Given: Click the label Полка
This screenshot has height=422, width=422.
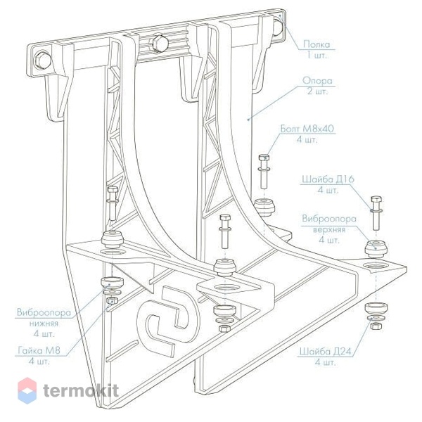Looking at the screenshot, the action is pyautogui.click(x=316, y=44).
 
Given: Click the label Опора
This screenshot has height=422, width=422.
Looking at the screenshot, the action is pyautogui.click(x=318, y=80).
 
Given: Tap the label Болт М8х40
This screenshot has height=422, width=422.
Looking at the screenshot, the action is pyautogui.click(x=307, y=129).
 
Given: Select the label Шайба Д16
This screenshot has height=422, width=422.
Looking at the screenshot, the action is pyautogui.click(x=327, y=179).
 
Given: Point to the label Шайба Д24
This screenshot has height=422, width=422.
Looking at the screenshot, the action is pyautogui.click(x=326, y=352).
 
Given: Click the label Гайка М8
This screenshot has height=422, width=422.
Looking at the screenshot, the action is pyautogui.click(x=39, y=350).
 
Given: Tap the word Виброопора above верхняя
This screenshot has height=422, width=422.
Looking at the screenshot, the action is pyautogui.click(x=329, y=219).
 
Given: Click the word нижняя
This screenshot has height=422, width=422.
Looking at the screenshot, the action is pyautogui.click(x=44, y=323).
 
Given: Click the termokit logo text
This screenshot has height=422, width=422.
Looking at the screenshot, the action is pyautogui.click(x=81, y=390).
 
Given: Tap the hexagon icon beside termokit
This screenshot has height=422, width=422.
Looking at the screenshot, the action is pyautogui.click(x=27, y=390).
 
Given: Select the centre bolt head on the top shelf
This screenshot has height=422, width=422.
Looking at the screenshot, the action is pyautogui.click(x=160, y=43).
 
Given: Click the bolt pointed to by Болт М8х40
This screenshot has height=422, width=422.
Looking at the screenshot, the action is pyautogui.click(x=264, y=171).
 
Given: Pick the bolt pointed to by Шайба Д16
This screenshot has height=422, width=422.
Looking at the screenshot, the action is pyautogui.click(x=376, y=212).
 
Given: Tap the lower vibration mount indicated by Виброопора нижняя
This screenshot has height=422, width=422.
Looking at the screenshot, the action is pyautogui.click(x=112, y=283).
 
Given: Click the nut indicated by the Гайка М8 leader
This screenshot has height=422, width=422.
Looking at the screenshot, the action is pyautogui.click(x=111, y=300).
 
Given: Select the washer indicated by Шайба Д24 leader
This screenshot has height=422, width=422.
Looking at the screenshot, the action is pyautogui.click(x=376, y=318).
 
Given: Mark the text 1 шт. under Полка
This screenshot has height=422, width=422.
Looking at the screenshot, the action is pyautogui.click(x=317, y=56).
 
